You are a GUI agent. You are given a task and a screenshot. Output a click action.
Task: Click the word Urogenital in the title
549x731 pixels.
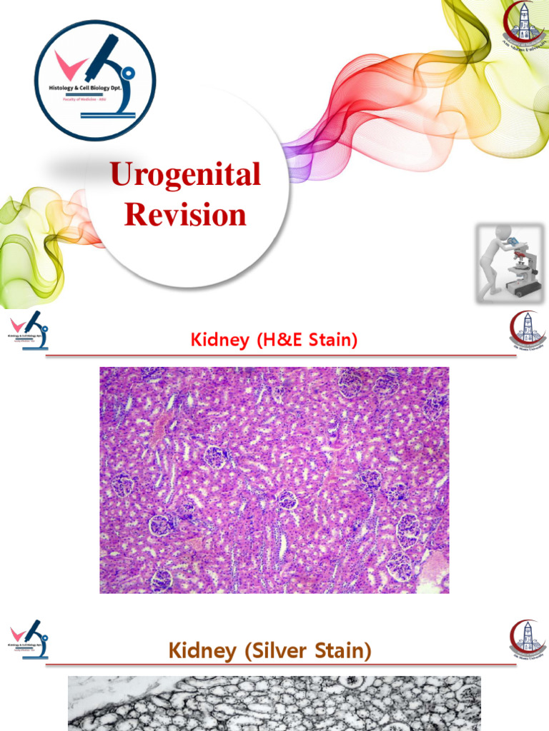click(184, 174)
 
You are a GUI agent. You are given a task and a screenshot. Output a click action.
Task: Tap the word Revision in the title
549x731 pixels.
click(185, 214)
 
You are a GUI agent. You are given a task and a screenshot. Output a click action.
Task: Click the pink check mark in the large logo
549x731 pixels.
click(69, 66)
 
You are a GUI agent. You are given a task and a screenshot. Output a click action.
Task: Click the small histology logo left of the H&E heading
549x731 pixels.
click(29, 331)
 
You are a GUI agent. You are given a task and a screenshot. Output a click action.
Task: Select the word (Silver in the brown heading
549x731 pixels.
click(277, 650)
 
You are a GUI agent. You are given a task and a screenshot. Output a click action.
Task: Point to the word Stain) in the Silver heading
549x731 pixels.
click(345, 650)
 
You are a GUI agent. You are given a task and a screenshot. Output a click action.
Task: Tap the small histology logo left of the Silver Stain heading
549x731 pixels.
click(29, 639)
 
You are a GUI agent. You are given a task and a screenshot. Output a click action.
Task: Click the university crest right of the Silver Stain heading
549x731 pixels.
click(528, 637)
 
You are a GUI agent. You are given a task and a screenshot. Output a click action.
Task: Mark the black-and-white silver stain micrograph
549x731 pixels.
click(274, 703)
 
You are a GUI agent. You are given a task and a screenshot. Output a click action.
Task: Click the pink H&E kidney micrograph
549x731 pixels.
click(274, 480)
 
